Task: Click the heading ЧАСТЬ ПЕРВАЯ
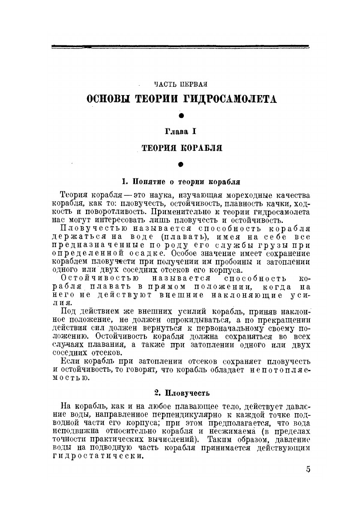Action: (182, 84)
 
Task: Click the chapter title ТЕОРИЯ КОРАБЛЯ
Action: (182, 149)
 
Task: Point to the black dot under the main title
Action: (181, 115)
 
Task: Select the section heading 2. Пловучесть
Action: (182, 392)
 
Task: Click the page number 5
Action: (308, 469)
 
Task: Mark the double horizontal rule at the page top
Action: (180, 47)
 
